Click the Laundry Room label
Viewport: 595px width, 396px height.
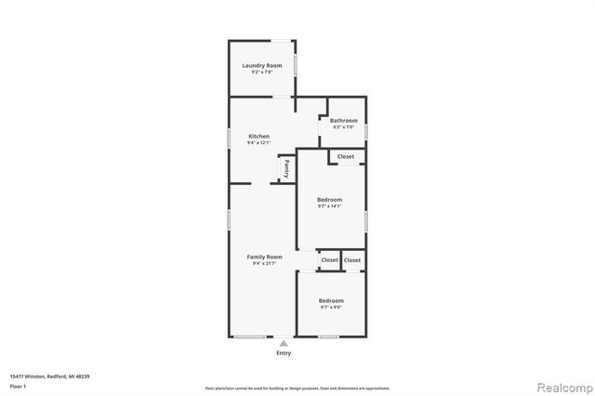(x=262, y=65)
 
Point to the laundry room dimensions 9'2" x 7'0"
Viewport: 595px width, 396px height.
(x=262, y=73)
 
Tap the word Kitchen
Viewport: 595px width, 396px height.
(x=258, y=136)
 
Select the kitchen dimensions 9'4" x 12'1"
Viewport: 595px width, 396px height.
(x=258, y=143)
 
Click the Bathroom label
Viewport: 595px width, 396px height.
(x=343, y=120)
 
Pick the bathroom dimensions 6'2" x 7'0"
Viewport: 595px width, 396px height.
(x=343, y=127)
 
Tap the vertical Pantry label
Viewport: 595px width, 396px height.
(x=287, y=168)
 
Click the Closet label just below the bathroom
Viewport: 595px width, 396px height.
(x=346, y=156)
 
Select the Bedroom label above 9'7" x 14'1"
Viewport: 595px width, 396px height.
(x=329, y=200)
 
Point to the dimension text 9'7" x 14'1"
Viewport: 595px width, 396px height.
(x=329, y=207)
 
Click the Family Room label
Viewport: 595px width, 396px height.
(x=264, y=257)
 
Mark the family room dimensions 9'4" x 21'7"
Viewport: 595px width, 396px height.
(x=264, y=264)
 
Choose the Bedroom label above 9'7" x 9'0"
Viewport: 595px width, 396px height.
(x=331, y=300)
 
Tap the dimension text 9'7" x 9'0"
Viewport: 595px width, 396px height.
(x=331, y=308)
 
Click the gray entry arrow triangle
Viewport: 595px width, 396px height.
(x=284, y=343)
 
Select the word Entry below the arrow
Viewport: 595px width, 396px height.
(x=284, y=353)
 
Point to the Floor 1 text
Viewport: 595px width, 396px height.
(x=18, y=386)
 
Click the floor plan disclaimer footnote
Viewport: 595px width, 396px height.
(x=297, y=387)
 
